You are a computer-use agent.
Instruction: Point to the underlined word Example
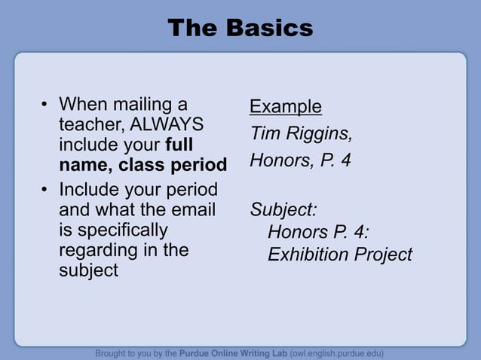click(286, 107)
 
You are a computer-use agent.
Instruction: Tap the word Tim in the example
click(265, 134)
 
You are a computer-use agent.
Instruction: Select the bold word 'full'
click(179, 144)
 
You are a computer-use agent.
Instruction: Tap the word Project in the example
click(385, 255)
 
